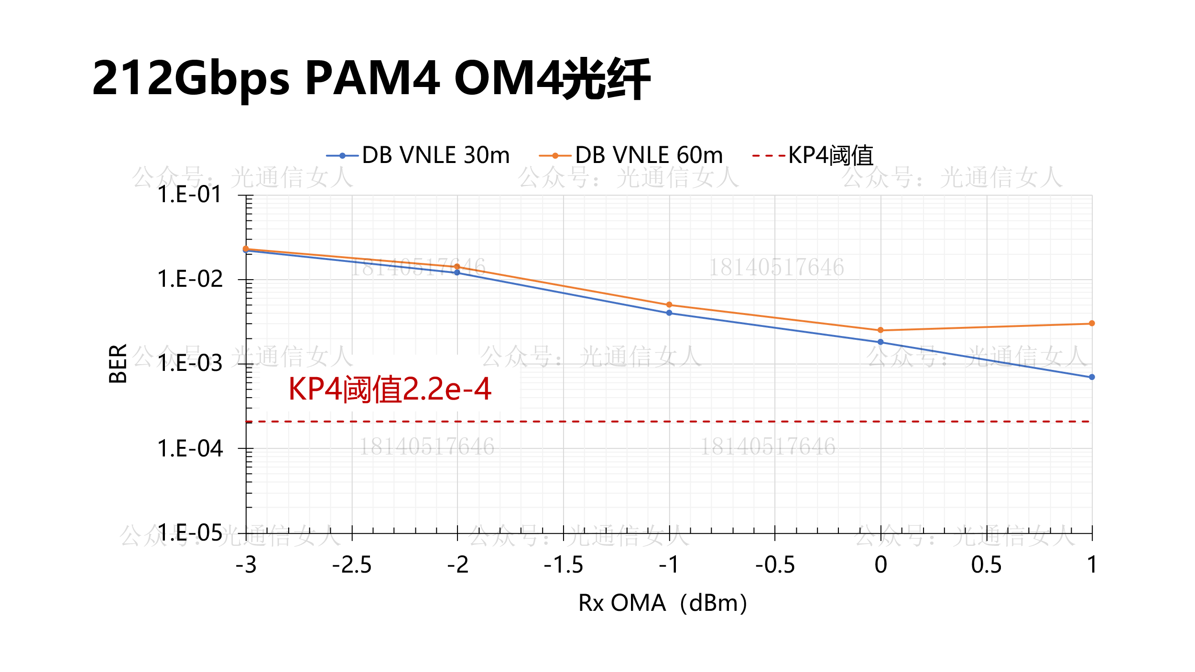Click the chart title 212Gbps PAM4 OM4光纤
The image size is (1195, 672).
(371, 79)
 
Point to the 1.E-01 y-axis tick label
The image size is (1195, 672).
(190, 195)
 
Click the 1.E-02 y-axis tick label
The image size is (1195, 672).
(190, 279)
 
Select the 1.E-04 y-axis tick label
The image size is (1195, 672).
(190, 449)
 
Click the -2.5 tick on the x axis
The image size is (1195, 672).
(352, 565)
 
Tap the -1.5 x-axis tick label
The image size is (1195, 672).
(564, 565)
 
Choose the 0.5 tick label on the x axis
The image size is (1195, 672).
(986, 565)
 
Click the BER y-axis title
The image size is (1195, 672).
(118, 364)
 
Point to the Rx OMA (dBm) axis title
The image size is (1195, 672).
(663, 603)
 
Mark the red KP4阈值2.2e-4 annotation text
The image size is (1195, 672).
(390, 389)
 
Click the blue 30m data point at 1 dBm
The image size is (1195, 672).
(1092, 377)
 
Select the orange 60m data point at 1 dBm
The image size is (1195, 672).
(1092, 324)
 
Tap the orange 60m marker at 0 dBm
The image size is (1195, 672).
(880, 330)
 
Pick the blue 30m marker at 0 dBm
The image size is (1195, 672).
(880, 342)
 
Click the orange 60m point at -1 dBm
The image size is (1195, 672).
(669, 305)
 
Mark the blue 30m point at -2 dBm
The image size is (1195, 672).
(457, 272)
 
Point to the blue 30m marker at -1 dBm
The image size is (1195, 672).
(669, 313)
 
